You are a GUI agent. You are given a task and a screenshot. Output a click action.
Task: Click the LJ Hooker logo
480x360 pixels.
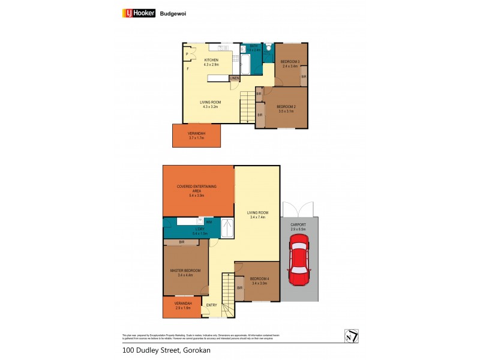(140, 13)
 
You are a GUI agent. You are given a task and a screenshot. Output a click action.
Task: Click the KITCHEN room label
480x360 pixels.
(211, 61)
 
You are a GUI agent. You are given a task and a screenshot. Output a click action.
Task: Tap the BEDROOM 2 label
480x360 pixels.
(286, 106)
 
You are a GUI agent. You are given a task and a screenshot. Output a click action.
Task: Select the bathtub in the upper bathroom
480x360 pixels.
(248, 63)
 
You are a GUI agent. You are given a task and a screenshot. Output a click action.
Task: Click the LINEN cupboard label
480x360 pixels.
(234, 78)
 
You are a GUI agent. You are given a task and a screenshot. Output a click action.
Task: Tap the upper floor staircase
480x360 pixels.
(248, 107)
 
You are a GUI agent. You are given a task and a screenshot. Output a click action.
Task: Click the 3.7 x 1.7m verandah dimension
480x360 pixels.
(196, 138)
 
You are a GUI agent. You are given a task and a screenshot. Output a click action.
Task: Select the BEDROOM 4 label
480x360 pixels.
(259, 278)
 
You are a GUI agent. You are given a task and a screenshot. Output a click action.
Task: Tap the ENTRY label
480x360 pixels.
(212, 305)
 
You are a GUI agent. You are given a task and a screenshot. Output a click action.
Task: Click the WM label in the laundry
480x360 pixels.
(208, 222)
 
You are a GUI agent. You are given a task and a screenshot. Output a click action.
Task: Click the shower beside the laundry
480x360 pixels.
(227, 229)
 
